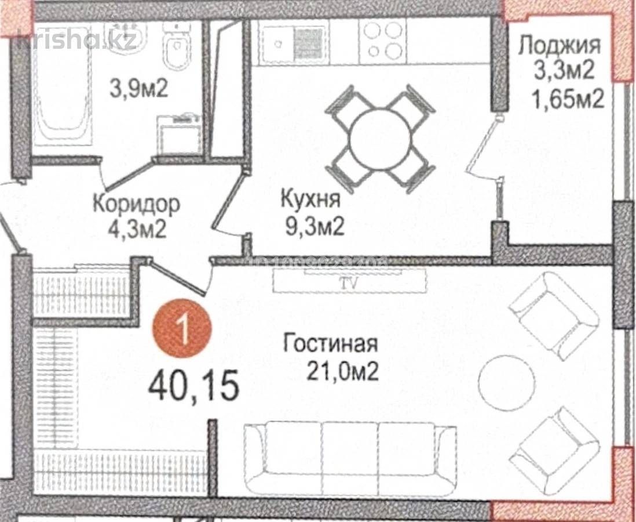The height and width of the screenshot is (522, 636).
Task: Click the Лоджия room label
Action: coord(559,45)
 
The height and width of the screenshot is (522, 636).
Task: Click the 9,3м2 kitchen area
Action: coord(313,226)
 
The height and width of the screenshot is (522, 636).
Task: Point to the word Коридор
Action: coord(137,204)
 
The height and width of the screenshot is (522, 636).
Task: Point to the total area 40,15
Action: coord(193,386)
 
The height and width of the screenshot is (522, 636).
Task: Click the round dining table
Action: coord(379,137)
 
